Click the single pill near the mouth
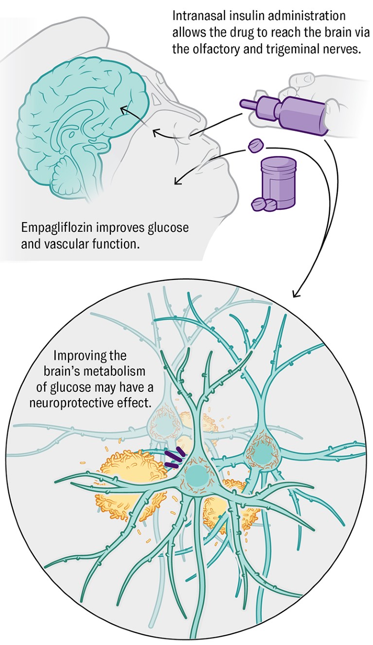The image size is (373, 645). pos(256,145)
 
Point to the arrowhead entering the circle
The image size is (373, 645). pos(295,295)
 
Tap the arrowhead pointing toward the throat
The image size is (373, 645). pos(176,182)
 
